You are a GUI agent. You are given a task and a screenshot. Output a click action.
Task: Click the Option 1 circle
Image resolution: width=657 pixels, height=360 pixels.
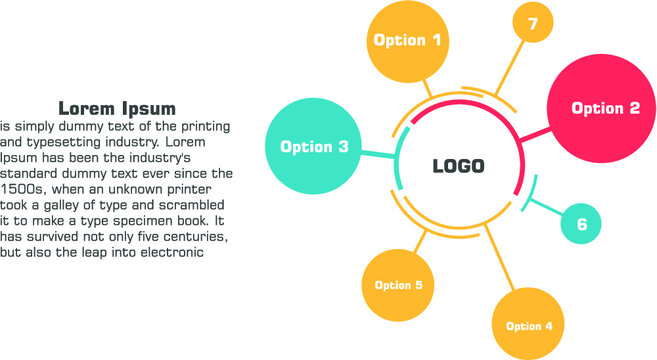coord(407,41)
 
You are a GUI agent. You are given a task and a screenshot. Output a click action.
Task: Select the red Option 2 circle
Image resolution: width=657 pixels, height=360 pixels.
coord(604,108)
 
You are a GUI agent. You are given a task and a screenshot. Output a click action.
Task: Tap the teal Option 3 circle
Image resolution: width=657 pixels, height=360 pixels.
coord(314,146)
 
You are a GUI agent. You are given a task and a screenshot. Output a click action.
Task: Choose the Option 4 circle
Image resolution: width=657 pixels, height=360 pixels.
coord(528,325)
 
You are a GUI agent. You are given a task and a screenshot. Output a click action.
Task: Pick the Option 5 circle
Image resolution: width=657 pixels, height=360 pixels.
coord(398,285)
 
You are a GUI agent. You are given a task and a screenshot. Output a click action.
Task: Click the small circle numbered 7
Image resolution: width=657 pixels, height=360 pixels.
coord(533,23)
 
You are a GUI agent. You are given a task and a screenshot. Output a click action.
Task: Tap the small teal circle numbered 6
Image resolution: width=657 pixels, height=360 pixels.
coord(581,224)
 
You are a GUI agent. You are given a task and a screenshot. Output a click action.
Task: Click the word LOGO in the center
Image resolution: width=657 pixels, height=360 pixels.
coord(458,166)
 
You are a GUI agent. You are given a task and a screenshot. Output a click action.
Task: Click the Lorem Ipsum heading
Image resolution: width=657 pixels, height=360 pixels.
coord(117,108)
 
